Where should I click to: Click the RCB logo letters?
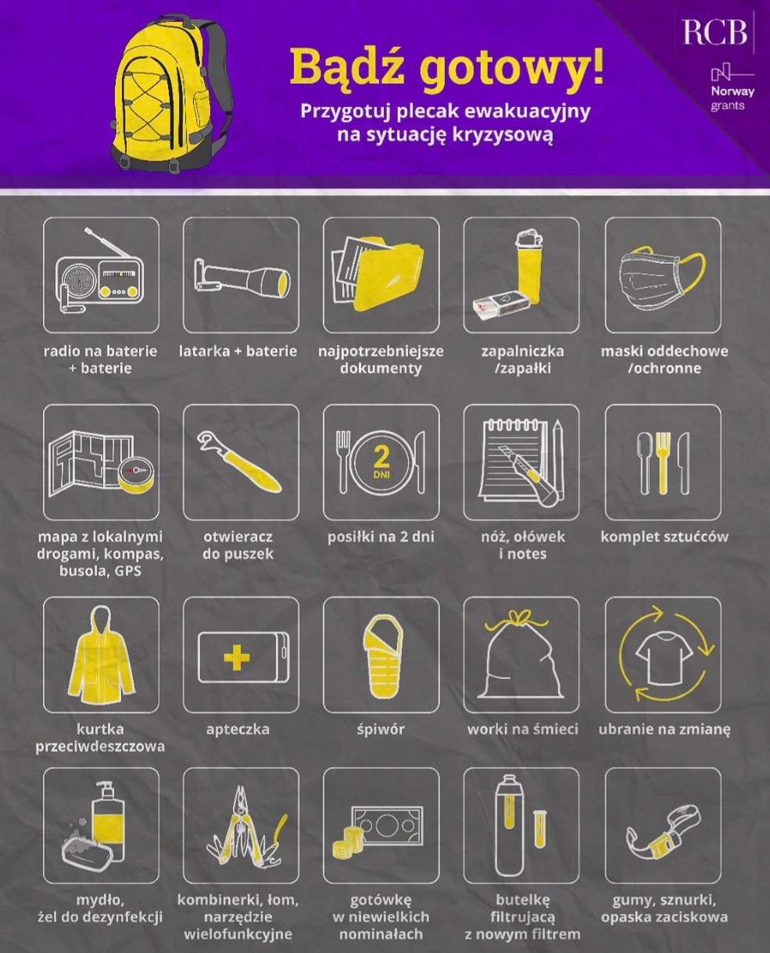click(715, 32)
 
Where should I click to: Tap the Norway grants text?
click(732, 98)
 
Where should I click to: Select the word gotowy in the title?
click(512, 67)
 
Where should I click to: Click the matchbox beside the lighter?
click(501, 304)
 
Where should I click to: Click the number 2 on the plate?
click(381, 457)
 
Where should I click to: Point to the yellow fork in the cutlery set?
click(663, 463)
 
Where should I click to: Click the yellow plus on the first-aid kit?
click(237, 658)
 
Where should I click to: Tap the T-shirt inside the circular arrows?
click(663, 656)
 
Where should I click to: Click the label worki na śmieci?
click(523, 729)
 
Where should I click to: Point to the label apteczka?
click(238, 730)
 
